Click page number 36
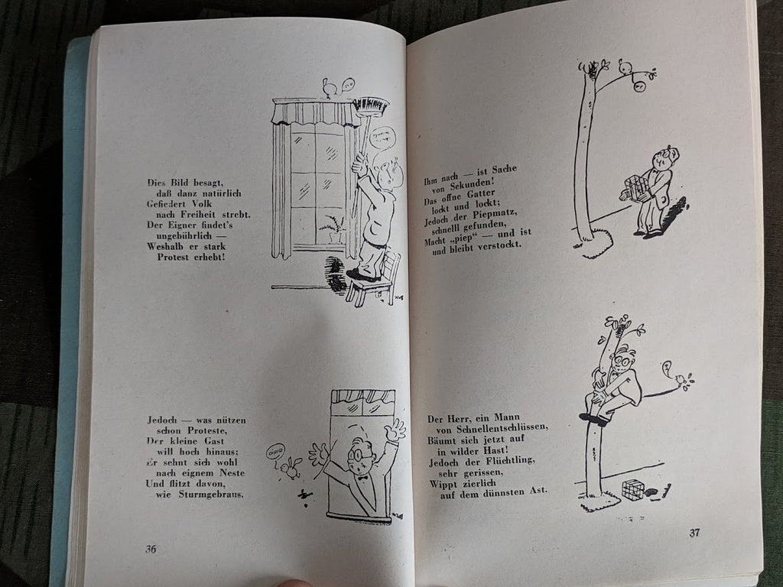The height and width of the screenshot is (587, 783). pyautogui.click(x=151, y=549)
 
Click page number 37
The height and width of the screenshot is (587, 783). pyautogui.click(x=694, y=533)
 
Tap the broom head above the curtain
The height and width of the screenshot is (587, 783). pyautogui.click(x=371, y=105)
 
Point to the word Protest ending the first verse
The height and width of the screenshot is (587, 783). pyautogui.click(x=174, y=257)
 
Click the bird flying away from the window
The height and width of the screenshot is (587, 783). pyautogui.click(x=289, y=467)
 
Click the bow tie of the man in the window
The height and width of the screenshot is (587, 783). pyautogui.click(x=361, y=478)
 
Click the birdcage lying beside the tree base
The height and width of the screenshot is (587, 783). pyautogui.click(x=633, y=489)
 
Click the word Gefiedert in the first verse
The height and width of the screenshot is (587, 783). pyautogui.click(x=166, y=203)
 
